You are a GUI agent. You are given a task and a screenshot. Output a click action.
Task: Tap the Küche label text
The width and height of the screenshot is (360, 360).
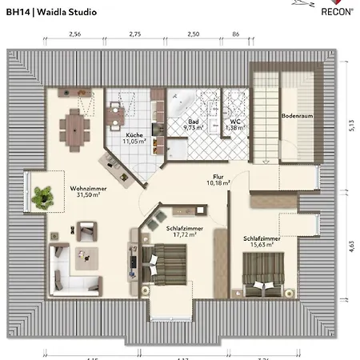(x=134, y=135)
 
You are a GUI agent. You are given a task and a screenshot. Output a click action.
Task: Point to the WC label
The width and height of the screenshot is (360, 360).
(x=235, y=122)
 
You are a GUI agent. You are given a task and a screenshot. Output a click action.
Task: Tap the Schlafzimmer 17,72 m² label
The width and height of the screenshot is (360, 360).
(x=185, y=229)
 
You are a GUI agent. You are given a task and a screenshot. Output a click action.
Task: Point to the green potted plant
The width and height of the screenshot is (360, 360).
(x=42, y=193)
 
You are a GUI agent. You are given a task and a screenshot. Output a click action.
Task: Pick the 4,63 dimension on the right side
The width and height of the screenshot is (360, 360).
(x=350, y=246)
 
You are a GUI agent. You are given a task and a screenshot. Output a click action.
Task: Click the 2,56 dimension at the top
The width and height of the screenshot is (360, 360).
(x=75, y=35)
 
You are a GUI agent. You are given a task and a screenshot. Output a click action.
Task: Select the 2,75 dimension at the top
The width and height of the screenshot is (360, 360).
(x=134, y=35)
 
